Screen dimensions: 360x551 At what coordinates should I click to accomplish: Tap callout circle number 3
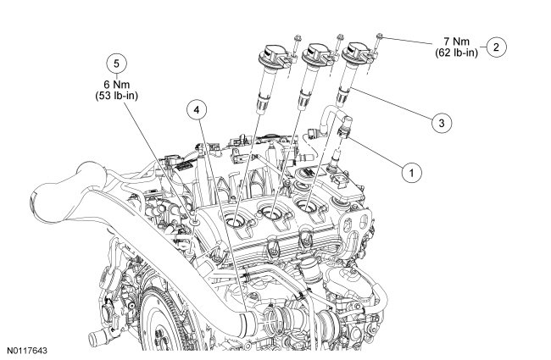437,124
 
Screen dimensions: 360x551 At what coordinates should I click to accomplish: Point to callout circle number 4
197,111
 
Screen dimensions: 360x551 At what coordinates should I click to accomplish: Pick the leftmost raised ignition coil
271,80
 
